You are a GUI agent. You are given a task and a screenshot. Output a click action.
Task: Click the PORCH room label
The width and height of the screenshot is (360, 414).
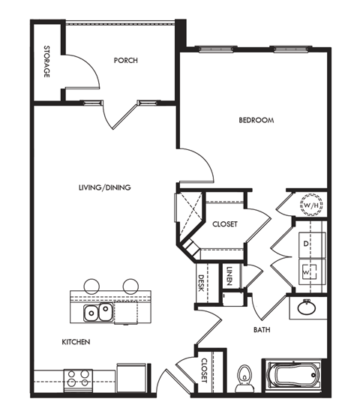[x=125, y=60]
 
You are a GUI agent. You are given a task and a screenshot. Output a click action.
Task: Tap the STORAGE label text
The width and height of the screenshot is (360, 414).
[x=46, y=62]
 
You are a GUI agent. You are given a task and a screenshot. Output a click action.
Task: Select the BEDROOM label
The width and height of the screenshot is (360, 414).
[x=256, y=120]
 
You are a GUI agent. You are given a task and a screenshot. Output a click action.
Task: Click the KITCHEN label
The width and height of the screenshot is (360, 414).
[x=76, y=342]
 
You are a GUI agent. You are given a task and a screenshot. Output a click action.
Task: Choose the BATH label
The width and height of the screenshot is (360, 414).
[x=262, y=329]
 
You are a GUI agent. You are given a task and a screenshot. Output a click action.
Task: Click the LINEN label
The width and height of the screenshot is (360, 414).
[x=229, y=277]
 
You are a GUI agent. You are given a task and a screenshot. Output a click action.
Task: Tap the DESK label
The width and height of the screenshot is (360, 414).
[x=202, y=283]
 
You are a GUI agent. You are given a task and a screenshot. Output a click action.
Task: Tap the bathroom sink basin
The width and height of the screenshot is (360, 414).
[x=307, y=307]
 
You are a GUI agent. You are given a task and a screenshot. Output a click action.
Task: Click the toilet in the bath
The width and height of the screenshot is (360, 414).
[x=243, y=378]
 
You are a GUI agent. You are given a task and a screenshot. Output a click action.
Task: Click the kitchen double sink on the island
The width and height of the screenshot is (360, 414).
[x=98, y=311]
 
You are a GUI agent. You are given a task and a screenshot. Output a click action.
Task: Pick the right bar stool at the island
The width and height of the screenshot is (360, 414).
[x=131, y=285]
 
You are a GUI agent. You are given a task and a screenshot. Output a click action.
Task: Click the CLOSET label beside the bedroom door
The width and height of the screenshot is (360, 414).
[x=225, y=224]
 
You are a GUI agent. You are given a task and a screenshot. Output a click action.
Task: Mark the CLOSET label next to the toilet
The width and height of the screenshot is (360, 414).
[x=204, y=370]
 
